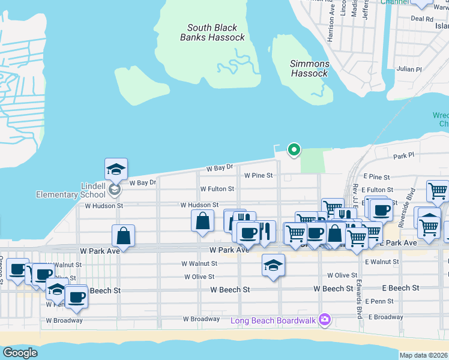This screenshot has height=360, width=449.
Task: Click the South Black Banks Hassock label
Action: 212,32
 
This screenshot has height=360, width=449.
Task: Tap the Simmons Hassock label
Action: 310,68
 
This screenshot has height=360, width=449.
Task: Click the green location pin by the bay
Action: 294,149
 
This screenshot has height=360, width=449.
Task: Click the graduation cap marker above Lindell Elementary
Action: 116,170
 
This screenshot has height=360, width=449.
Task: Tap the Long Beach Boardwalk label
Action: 273,320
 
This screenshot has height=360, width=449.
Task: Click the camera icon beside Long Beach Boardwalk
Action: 325,319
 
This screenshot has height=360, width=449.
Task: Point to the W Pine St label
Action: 258,176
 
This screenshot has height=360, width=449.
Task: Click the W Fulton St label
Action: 217,189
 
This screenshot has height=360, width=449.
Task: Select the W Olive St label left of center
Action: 199,277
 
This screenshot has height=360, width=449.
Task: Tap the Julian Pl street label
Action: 410,69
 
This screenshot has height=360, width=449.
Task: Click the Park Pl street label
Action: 404,156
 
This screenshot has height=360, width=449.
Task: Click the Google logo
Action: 20,353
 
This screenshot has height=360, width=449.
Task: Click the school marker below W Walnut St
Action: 273,265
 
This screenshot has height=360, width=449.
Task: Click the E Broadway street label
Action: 385,317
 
